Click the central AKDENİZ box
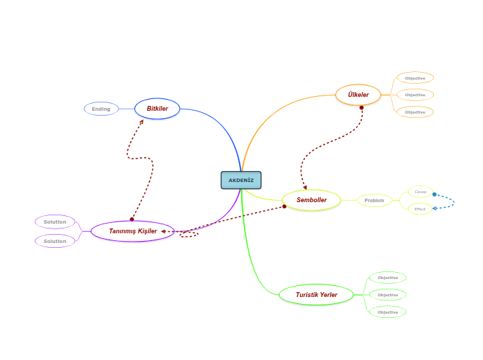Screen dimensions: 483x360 point(241,180)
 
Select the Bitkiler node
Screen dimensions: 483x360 point(157,109)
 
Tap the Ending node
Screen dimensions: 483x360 point(101,109)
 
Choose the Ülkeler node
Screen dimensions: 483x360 point(358,95)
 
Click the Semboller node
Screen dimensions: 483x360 point(311,200)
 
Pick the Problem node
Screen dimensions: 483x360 point(374,200)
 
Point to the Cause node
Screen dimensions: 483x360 point(420,192)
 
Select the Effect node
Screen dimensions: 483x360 point(420,208)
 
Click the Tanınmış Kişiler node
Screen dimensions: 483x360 point(132,231)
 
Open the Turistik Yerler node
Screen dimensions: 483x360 point(316,295)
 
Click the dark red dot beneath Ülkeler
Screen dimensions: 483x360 point(362,107)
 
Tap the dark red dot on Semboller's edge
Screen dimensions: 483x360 point(284,206)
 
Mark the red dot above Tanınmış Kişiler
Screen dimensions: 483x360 point(132,219)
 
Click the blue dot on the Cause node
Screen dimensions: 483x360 point(434,195)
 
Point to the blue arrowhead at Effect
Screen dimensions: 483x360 point(434,208)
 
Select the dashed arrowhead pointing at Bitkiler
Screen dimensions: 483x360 point(141,122)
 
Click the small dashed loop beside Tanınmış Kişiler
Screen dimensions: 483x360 point(189,234)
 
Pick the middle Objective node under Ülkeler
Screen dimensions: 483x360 point(415,95)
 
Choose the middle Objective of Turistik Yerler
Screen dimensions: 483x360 point(387,295)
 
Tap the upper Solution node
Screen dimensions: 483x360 point(55,222)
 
